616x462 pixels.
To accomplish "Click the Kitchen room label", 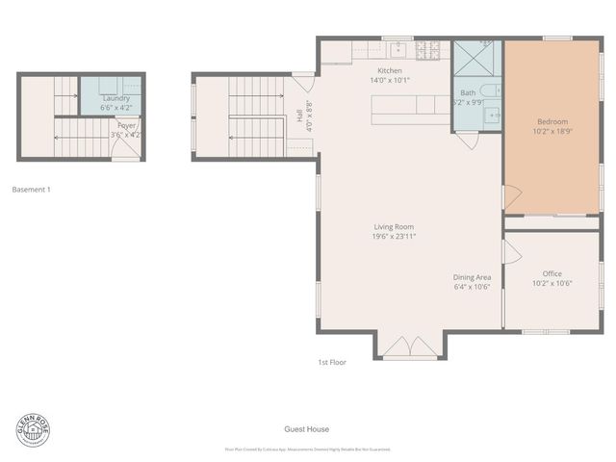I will pos(390,71).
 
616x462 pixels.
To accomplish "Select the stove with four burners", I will pos(433,47).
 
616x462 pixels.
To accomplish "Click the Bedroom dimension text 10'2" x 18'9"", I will pos(552,132).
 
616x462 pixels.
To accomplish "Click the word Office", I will pos(552,273).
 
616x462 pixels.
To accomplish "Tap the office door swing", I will pos(512,252).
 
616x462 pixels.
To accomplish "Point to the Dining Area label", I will pos(473,277).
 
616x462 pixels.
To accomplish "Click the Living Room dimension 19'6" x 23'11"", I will pos(395,236).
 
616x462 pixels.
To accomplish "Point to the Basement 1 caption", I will pos(31,190).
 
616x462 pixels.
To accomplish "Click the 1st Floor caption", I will pos(332,362).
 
